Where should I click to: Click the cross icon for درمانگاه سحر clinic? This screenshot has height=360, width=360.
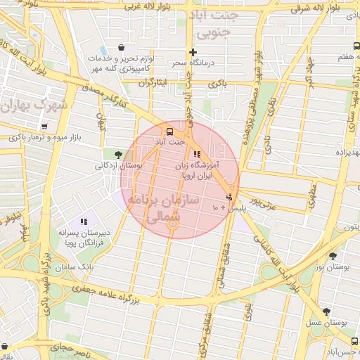193,53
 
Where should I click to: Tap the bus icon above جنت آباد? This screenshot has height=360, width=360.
169,131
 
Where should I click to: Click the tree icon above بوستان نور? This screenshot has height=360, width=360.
333,256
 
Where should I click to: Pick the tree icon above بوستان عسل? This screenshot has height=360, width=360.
326,311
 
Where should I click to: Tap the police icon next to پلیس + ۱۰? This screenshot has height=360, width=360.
229,198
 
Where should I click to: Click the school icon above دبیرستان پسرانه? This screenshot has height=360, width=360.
84,221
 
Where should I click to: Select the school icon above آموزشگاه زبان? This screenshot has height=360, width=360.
196,154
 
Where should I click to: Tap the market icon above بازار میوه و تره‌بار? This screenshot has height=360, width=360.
45,127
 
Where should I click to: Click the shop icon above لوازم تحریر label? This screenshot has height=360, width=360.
121,48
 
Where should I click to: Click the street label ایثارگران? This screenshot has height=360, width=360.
153,83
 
